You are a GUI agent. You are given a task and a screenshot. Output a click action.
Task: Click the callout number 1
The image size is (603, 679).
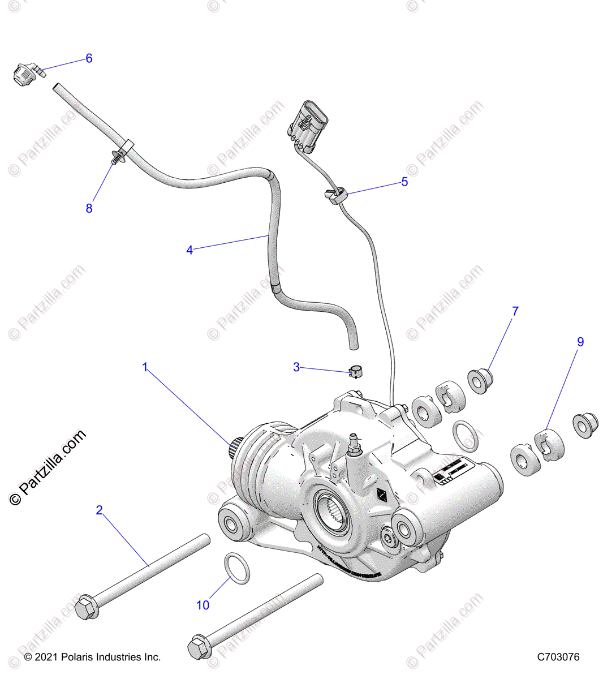[145, 367]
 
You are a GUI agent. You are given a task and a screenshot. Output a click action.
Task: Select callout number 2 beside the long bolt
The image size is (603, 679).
[100, 510]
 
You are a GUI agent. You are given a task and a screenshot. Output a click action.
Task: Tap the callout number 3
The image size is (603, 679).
[296, 367]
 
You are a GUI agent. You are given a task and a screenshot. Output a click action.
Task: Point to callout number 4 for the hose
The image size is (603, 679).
[189, 250]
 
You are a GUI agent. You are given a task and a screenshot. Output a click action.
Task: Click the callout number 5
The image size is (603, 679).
[404, 182]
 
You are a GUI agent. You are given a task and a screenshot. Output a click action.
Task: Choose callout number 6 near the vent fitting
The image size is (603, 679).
[89, 58]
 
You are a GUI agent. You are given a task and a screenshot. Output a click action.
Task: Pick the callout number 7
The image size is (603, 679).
[515, 311]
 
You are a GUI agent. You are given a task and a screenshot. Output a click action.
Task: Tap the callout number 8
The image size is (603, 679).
[89, 208]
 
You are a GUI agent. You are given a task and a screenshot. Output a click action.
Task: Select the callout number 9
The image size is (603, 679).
[580, 342]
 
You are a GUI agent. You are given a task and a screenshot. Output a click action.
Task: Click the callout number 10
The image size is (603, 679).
[203, 605]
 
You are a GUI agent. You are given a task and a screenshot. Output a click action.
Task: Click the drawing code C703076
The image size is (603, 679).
[558, 657]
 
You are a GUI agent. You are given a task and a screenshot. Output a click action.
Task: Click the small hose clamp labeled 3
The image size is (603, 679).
[355, 372]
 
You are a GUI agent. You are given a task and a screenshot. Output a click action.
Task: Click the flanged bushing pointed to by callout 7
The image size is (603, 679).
[480, 381]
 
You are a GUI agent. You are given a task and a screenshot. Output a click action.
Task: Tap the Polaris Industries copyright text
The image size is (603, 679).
[93, 657]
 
